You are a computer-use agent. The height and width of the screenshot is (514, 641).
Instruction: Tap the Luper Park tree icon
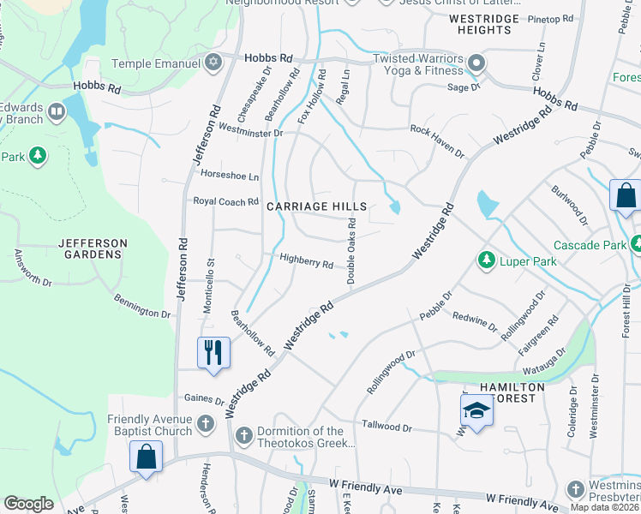pyautogui.click(x=486, y=259)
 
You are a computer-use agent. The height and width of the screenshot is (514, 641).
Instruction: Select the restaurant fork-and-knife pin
pyautogui.click(x=213, y=353)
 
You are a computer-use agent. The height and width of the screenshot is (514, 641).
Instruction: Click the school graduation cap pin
pyautogui.click(x=476, y=412)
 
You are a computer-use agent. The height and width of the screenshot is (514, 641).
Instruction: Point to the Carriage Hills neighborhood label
pyautogui.click(x=316, y=207)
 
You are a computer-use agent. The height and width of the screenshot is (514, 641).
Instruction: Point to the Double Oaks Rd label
pyautogui.click(x=351, y=251)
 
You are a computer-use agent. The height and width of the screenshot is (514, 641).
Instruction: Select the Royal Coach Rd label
pyautogui.click(x=225, y=202)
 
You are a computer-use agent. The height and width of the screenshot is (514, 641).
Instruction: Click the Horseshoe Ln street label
pyautogui.click(x=229, y=176)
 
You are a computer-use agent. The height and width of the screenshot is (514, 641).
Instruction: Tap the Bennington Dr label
pyautogui.click(x=142, y=307)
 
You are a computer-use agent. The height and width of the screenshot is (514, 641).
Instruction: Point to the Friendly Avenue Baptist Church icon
pyautogui.click(x=205, y=423)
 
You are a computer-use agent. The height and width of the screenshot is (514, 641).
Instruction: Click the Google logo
pyautogui.click(x=28, y=504)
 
